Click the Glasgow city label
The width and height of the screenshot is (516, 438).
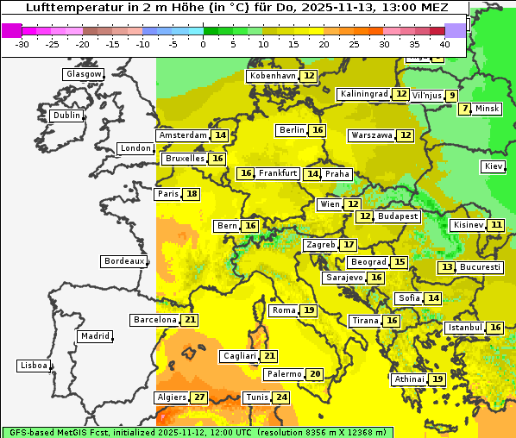point(84,74)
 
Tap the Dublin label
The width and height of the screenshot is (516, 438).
point(66,116)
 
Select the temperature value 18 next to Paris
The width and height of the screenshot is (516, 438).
point(192,194)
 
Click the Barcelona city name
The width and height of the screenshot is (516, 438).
point(154,320)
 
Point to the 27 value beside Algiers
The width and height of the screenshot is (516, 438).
point(199,397)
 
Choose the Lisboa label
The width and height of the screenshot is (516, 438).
point(34,366)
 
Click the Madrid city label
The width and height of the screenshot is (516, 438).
point(94,336)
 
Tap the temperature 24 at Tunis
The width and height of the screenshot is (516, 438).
point(281,397)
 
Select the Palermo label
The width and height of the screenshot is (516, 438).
point(284,374)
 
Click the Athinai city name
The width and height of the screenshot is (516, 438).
point(409,379)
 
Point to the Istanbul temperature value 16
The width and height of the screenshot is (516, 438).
point(495,328)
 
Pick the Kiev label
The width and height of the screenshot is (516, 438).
point(494,166)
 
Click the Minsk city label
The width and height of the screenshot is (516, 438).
point(488,109)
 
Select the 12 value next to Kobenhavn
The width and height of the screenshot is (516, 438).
point(309,76)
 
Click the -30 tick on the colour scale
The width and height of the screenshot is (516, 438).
point(22,44)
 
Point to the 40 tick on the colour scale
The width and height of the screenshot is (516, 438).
point(444,44)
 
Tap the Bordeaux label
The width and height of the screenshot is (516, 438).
point(124,261)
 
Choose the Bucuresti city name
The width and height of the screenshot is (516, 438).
point(481,267)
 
